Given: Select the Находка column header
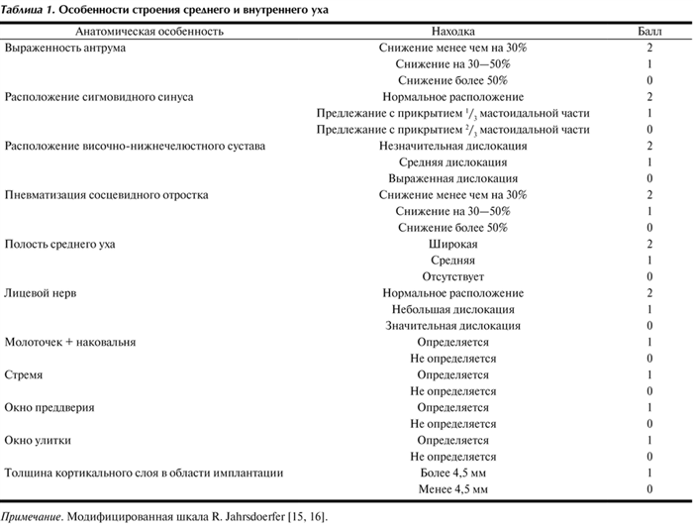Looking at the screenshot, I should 452,32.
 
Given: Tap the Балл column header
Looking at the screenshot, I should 648,32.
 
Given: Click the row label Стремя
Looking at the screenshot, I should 24,375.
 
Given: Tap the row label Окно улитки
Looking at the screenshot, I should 38,441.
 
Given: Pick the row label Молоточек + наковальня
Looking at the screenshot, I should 70,342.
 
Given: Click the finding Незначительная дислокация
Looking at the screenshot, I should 452,146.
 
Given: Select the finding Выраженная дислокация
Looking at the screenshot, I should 452,178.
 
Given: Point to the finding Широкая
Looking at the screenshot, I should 452,244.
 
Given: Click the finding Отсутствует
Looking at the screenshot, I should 452,276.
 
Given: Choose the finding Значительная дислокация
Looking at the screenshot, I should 452,326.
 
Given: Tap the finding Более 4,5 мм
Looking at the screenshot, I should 452,474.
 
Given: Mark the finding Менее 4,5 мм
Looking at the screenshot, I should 452,489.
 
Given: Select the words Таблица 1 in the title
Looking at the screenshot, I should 30,9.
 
